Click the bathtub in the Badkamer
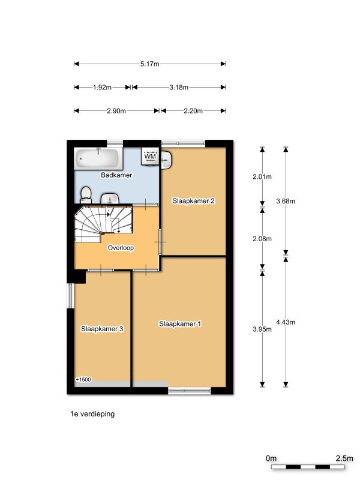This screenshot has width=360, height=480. [x=97, y=158]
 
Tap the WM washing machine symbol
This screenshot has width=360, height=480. [x=150, y=157]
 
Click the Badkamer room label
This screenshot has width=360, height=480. [x=116, y=175]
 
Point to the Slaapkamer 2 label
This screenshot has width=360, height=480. [x=193, y=201]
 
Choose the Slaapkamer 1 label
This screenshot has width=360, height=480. [x=180, y=324]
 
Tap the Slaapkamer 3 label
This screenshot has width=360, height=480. [x=102, y=329]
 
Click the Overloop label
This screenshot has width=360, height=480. [x=121, y=248]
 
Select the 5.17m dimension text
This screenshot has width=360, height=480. [x=149, y=64]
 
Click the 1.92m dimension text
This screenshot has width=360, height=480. [x=102, y=87]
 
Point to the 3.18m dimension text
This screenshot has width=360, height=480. [x=179, y=87]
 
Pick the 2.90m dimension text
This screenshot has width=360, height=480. [x=116, y=111]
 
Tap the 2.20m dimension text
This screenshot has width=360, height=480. [x=193, y=111]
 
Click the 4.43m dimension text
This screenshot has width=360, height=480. [x=286, y=322]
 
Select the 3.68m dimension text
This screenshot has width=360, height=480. [x=286, y=201]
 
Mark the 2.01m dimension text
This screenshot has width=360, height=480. [x=262, y=176]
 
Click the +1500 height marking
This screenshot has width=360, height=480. [x=83, y=380]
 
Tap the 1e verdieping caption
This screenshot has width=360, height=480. [x=92, y=414]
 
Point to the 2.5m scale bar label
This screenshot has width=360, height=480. [x=344, y=458]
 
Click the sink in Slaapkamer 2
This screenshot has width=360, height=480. [x=167, y=159]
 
